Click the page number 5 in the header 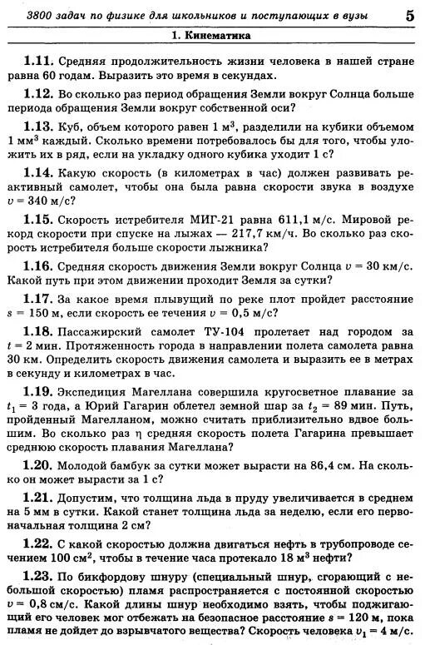pos(410,15)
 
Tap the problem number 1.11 pos(38,61)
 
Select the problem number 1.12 pos(38,94)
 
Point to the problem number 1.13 pos(38,127)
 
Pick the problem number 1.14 pos(38,174)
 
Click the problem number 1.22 pos(38,543)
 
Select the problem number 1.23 pos(38,576)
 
